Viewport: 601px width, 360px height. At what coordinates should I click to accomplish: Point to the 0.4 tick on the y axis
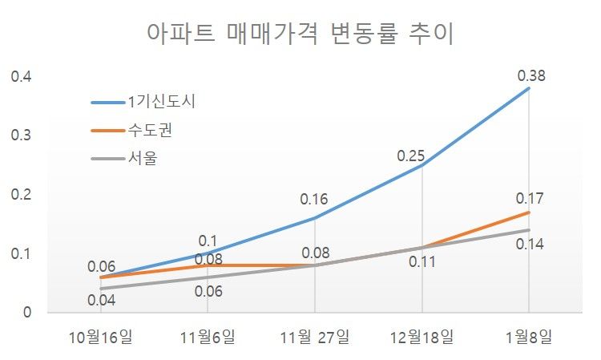(x=20, y=77)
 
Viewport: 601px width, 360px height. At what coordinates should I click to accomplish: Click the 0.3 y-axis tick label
(x=20, y=136)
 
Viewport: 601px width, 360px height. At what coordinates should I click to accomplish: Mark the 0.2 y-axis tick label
(x=20, y=195)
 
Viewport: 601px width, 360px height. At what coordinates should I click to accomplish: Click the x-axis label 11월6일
(x=208, y=336)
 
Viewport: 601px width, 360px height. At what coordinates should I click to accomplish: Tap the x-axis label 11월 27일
(x=315, y=336)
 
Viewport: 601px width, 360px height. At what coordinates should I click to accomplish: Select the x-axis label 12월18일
(x=422, y=336)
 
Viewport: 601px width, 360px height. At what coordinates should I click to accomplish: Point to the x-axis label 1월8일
(x=528, y=336)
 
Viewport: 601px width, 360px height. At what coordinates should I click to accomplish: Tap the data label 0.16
(x=314, y=199)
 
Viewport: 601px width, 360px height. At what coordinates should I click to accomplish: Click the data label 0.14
(x=530, y=244)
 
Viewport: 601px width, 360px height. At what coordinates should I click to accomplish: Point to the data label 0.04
(x=102, y=301)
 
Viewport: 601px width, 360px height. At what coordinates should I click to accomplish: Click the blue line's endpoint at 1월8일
(x=529, y=88)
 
